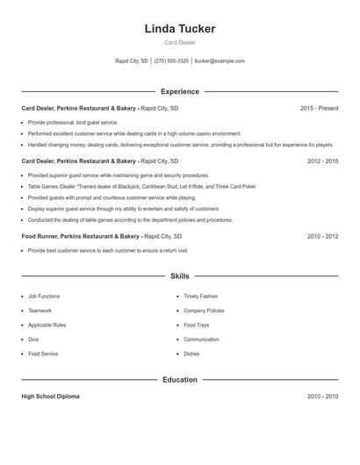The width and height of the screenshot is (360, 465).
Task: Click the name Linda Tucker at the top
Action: (x=180, y=29)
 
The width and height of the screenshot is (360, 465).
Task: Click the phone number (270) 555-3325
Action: (x=172, y=61)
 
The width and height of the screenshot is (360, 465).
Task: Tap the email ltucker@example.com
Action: (x=220, y=61)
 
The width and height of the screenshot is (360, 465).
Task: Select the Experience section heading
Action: (x=180, y=91)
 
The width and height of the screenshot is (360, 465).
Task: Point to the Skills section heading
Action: (x=180, y=276)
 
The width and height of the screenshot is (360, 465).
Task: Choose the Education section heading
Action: (x=180, y=380)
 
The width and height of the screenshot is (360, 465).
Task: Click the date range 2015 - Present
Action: (x=319, y=108)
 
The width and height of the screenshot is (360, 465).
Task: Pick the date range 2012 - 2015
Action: (x=322, y=161)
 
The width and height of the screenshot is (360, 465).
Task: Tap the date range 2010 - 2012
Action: (x=322, y=236)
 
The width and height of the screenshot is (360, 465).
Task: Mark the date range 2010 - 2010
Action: (x=322, y=397)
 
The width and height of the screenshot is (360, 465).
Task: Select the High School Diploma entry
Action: (x=50, y=397)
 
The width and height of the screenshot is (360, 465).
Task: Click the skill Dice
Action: (x=33, y=340)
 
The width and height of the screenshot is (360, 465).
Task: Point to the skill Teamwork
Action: (x=40, y=311)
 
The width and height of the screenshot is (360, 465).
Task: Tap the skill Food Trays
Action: (x=196, y=325)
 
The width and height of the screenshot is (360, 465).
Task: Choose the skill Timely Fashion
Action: (x=200, y=297)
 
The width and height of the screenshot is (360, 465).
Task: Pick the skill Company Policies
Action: (x=204, y=311)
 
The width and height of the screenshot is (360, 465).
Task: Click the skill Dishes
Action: (x=191, y=354)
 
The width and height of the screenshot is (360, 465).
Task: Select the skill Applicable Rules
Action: (x=47, y=325)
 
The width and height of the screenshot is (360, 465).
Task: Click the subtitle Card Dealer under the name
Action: (x=180, y=43)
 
